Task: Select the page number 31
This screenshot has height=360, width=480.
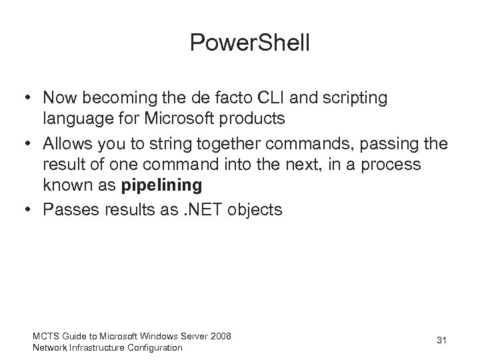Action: point(441,341)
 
